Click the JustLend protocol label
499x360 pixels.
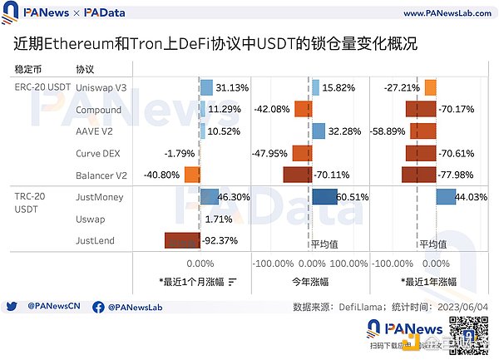click(94, 241)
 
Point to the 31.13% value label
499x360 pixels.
click(232, 87)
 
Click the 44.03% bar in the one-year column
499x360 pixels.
click(445, 197)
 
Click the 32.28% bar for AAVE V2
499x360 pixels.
click(318, 131)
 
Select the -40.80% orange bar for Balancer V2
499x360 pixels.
click(192, 175)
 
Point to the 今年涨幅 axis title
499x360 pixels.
click(311, 280)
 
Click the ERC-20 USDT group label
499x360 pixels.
click(42, 87)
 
